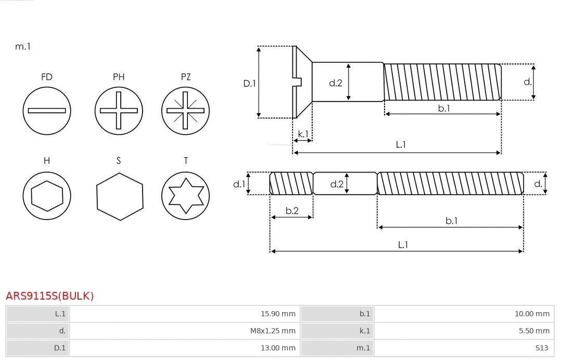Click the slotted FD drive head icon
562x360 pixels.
click(47, 110)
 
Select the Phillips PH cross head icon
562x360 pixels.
click(119, 110)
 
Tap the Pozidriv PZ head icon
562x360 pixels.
click(185, 110)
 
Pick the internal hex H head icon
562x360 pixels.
click(47, 196)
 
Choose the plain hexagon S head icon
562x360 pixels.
click(120, 196)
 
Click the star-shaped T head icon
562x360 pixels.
click(185, 196)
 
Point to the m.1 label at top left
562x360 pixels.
click(23, 46)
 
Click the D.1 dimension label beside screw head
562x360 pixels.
click(250, 83)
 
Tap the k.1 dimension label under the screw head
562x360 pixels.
click(303, 134)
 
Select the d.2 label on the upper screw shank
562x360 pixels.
click(336, 83)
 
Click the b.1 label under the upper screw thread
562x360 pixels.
click(443, 108)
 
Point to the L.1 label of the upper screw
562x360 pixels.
click(401, 145)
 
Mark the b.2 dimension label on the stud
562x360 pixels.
click(292, 211)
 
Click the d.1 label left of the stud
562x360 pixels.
click(239, 184)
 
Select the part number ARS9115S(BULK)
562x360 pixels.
click(49, 296)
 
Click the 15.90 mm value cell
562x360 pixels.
click(278, 314)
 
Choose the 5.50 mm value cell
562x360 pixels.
click(534, 331)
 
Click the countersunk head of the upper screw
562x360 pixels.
click(302, 82)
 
